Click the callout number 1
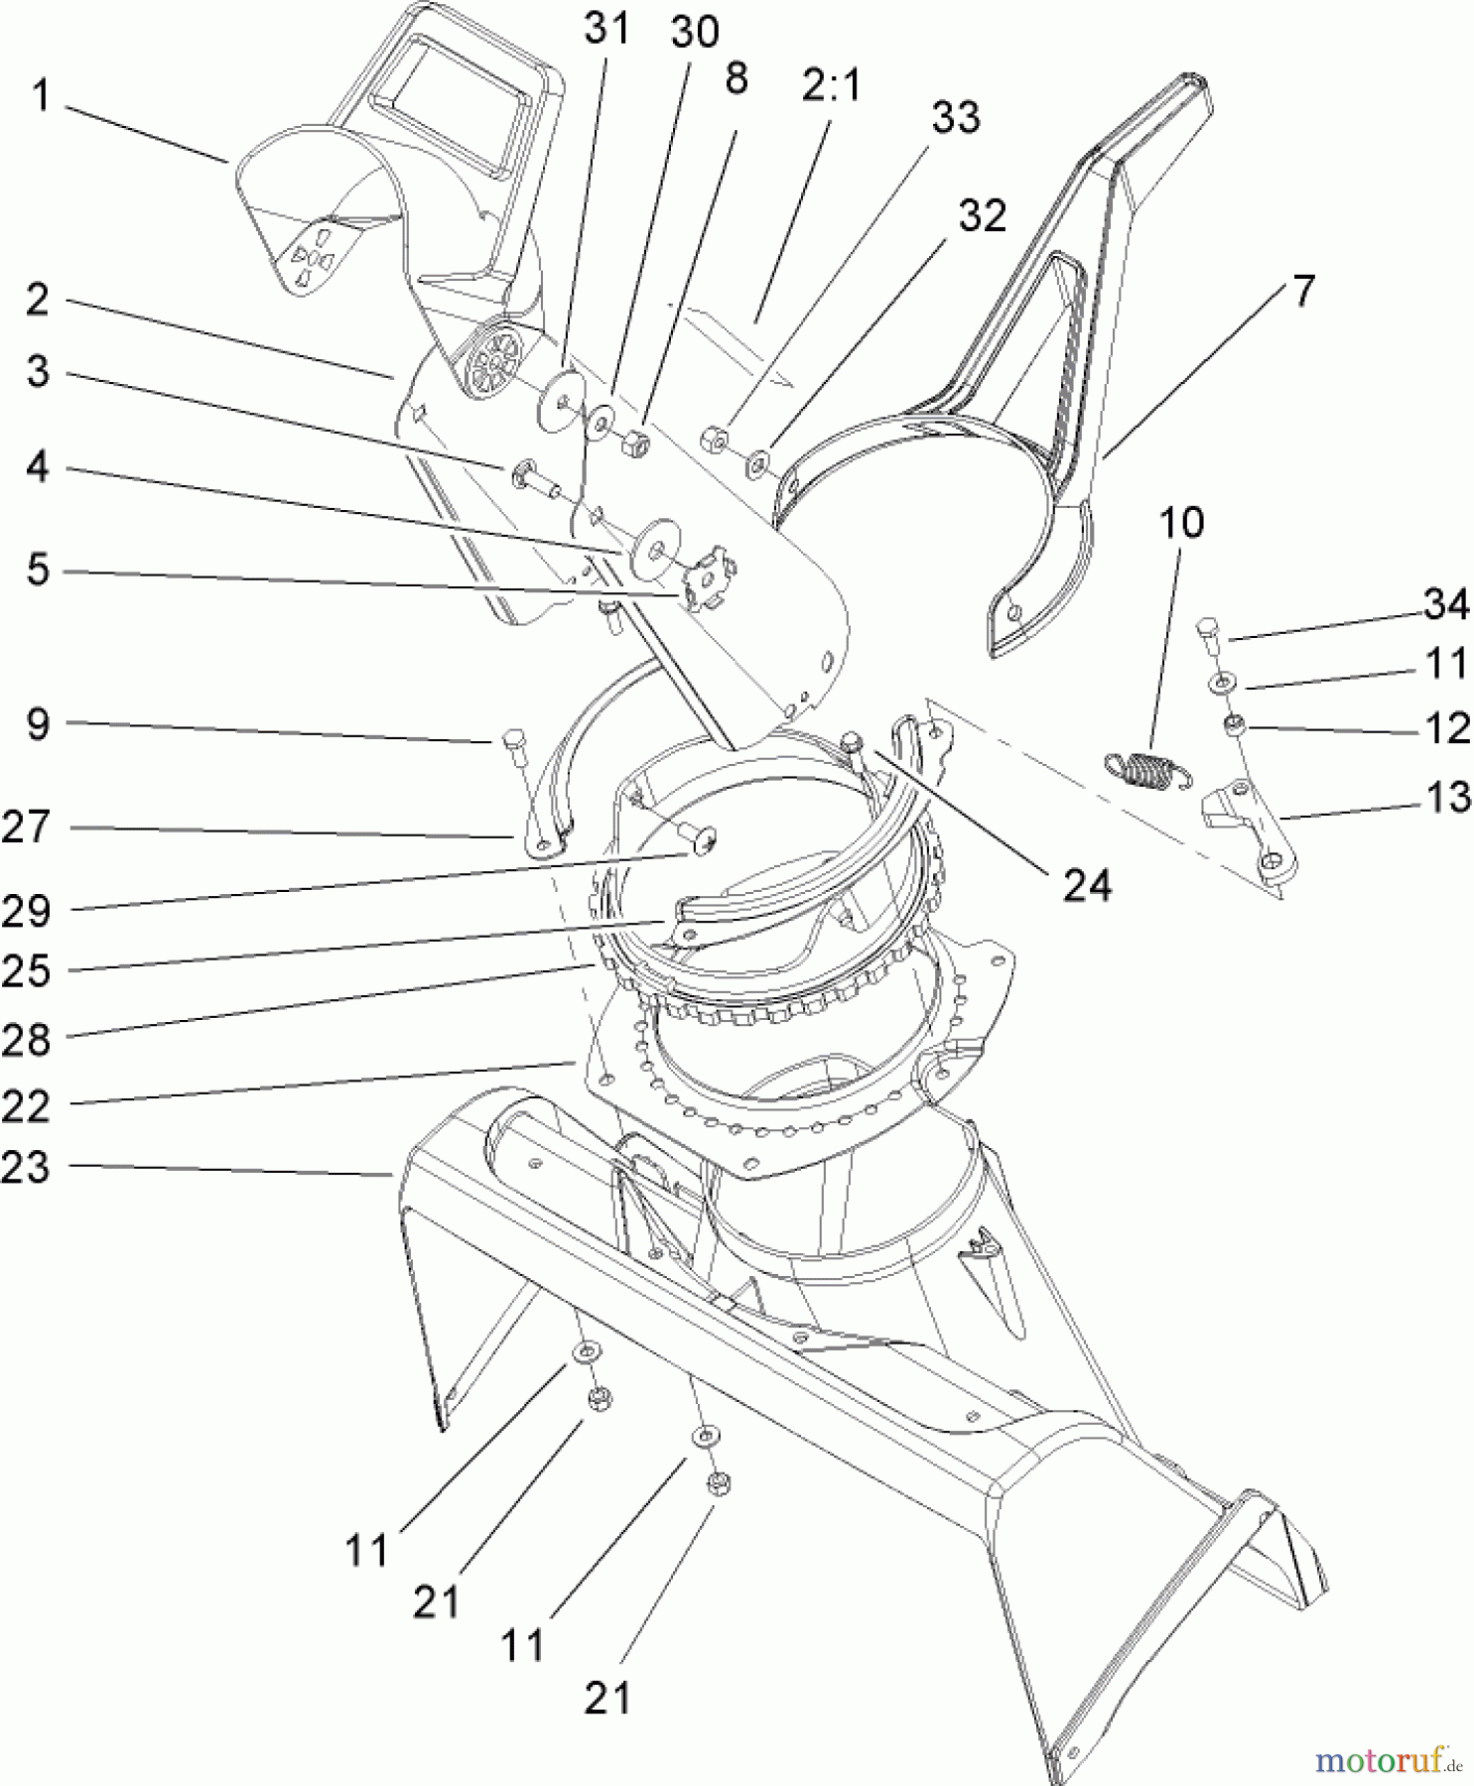pyautogui.click(x=40, y=98)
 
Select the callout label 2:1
pyautogui.click(x=832, y=87)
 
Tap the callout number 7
pyautogui.click(x=1301, y=292)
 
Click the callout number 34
pyautogui.click(x=1445, y=604)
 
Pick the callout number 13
pyautogui.click(x=1446, y=797)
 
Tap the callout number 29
pyautogui.click(x=27, y=911)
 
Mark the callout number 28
pyautogui.click(x=27, y=1041)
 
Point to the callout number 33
pyautogui.click(x=955, y=118)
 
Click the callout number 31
pyautogui.click(x=606, y=29)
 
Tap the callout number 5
pyautogui.click(x=38, y=571)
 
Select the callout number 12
pyautogui.click(x=1446, y=729)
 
